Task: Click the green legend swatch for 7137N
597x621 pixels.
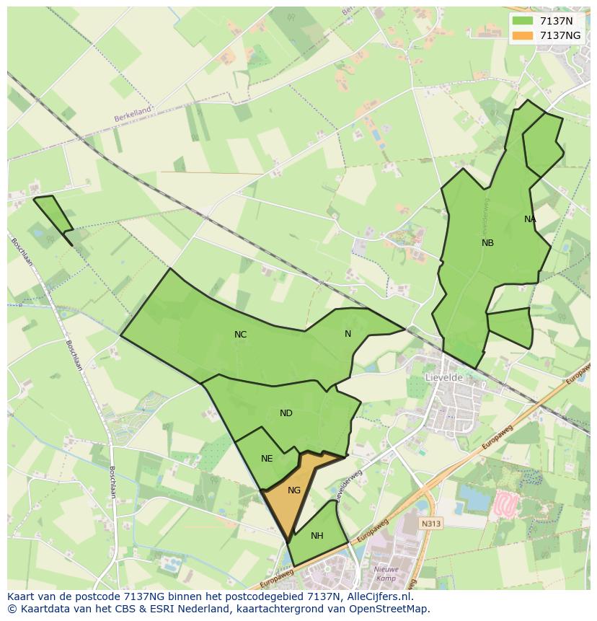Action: (x=523, y=22)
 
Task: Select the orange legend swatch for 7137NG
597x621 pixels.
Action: (x=523, y=35)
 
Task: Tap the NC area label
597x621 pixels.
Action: (x=241, y=335)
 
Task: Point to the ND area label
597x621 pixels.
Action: (x=286, y=413)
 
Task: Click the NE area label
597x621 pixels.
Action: (x=267, y=459)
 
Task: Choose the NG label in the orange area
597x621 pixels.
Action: (x=294, y=490)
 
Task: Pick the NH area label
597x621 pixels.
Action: (x=317, y=536)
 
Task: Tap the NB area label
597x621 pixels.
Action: (x=487, y=243)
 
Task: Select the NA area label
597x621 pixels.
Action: (x=530, y=219)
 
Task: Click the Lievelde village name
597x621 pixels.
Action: (x=443, y=377)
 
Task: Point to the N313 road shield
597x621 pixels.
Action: (x=431, y=524)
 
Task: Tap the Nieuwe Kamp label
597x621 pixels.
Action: (x=386, y=573)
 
